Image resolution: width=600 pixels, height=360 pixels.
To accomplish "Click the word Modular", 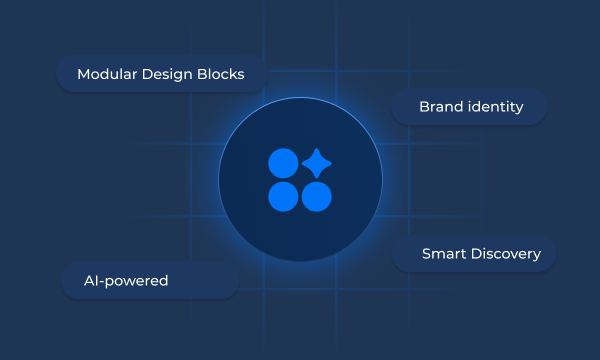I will point(107,74).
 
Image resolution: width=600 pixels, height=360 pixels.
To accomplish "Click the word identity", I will point(495,106).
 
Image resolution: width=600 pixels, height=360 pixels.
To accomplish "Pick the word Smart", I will point(443,254).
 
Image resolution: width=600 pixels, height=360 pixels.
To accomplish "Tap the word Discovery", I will point(505,254).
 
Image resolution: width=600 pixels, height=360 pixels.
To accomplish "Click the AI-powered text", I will point(127,281).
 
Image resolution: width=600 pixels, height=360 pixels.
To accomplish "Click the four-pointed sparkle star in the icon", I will point(316,164).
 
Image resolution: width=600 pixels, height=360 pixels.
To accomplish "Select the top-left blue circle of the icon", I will point(283,164).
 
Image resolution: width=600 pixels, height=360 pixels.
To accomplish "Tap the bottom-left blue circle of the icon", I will point(283,197).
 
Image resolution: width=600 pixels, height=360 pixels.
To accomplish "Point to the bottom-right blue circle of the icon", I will point(316,197).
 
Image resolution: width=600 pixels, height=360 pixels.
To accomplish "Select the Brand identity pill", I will point(470,106).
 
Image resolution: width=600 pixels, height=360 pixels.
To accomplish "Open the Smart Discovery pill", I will point(473,254).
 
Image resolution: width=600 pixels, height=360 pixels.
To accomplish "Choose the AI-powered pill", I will point(150,281).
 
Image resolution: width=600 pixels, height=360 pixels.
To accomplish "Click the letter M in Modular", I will point(83,74).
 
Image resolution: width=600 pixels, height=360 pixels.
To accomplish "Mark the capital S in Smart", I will point(426,254).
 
